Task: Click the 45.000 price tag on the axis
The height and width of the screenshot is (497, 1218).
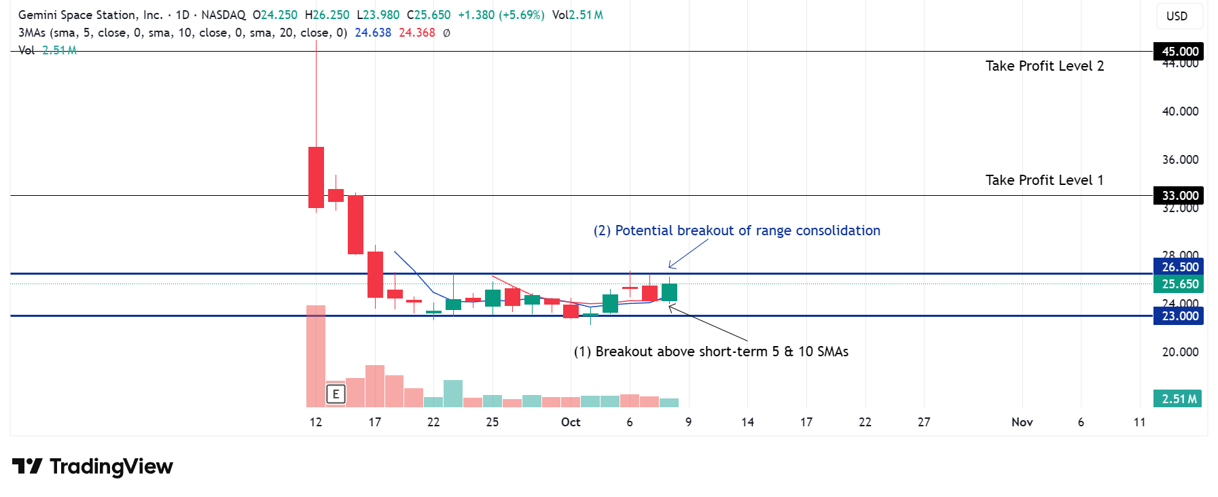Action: point(1179,52)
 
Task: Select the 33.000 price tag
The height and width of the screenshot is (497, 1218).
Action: point(1179,196)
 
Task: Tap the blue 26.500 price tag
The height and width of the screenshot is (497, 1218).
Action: point(1179,267)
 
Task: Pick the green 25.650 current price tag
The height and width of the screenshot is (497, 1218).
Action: point(1179,284)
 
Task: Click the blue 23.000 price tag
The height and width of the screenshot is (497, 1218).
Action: point(1179,316)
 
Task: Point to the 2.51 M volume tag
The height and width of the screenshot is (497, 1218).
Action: point(1178,399)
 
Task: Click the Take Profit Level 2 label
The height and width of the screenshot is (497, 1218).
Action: point(1044,66)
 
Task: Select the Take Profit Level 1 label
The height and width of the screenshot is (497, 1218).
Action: point(1044,180)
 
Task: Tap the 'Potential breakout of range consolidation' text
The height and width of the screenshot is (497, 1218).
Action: point(736,230)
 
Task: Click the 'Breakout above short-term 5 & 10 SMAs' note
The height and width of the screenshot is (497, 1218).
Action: point(711,352)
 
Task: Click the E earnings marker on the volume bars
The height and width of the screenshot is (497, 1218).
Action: point(336,394)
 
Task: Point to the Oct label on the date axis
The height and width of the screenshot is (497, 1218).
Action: point(571,422)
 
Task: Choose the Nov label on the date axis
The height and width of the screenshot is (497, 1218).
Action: point(1022,422)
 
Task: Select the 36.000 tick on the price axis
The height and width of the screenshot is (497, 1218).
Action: point(1180,160)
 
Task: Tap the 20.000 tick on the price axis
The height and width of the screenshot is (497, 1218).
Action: point(1180,352)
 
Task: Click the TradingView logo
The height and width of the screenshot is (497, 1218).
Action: point(92,466)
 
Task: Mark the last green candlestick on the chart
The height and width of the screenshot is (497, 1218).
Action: point(669,292)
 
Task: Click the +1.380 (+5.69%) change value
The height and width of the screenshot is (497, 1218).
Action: point(501,15)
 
